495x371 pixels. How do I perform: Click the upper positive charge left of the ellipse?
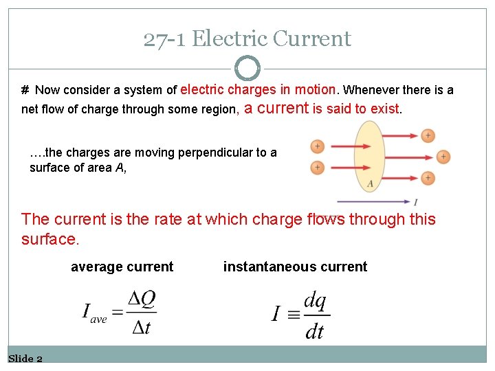[x=317, y=146]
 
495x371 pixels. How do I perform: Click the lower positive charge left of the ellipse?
[x=317, y=167]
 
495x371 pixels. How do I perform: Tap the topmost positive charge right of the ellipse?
[x=428, y=135]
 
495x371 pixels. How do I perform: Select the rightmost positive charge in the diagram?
[x=443, y=157]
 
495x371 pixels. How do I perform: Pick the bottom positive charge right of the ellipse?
[x=428, y=178]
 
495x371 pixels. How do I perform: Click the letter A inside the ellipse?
[x=371, y=183]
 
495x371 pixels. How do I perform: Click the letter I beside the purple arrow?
[x=416, y=202]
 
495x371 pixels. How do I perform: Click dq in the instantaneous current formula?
[x=315, y=300]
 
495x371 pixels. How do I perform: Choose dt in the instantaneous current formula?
[x=314, y=332]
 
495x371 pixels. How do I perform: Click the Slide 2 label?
[x=25, y=359]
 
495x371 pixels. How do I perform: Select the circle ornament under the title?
[x=247, y=68]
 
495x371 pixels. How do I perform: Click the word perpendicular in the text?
[x=216, y=153]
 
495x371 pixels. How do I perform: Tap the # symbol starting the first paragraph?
[x=25, y=90]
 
